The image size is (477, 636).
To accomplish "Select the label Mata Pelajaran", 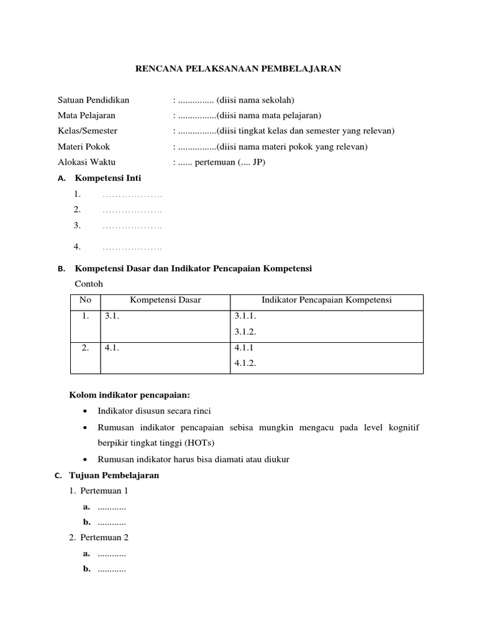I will coord(86,115).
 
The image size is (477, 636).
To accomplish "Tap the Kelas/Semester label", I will coord(88,131).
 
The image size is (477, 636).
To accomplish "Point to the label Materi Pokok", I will coord(84,147).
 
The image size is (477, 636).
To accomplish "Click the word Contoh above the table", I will coord(89,284).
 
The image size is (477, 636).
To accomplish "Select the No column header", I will coord(85,301).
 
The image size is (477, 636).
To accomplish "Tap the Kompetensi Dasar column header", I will coord(165,301).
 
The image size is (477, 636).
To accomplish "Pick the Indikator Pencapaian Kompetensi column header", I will coord(327,301).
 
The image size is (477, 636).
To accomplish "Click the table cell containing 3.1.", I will coord(111,316).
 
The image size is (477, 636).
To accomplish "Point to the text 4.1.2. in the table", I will coord(245,364).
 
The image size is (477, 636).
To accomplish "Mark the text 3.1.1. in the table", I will coord(245,316).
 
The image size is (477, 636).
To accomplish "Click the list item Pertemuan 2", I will coord(104,537).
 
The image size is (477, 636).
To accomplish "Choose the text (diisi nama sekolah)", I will coord(255,99).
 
